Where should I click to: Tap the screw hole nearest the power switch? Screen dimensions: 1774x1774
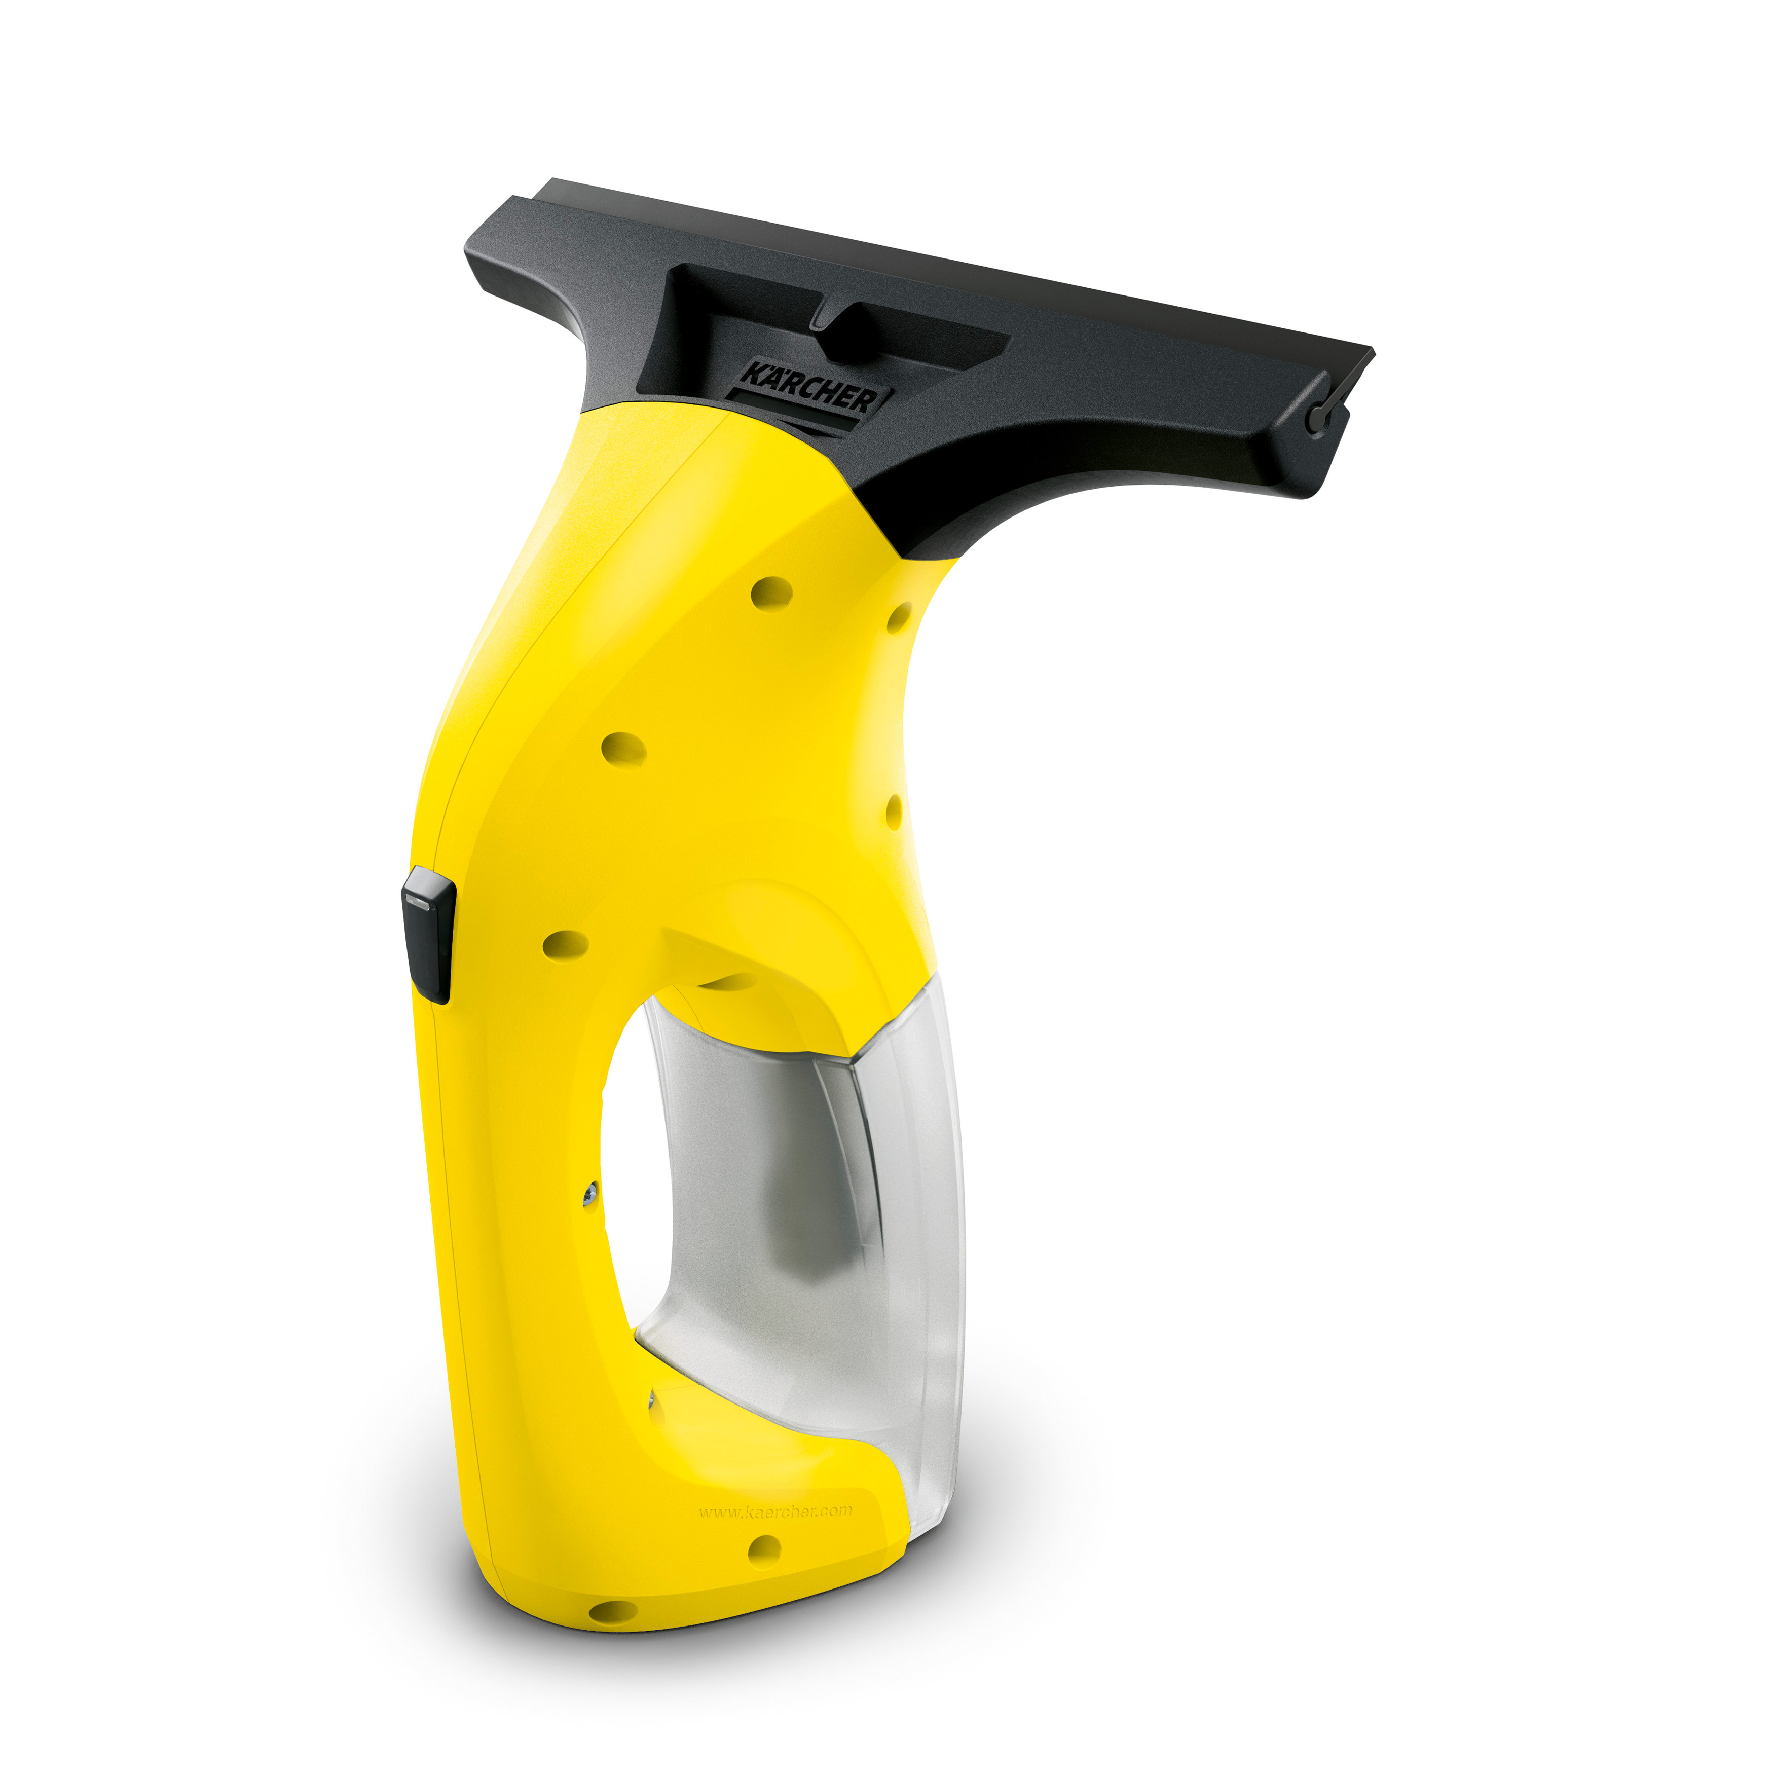(566, 944)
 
